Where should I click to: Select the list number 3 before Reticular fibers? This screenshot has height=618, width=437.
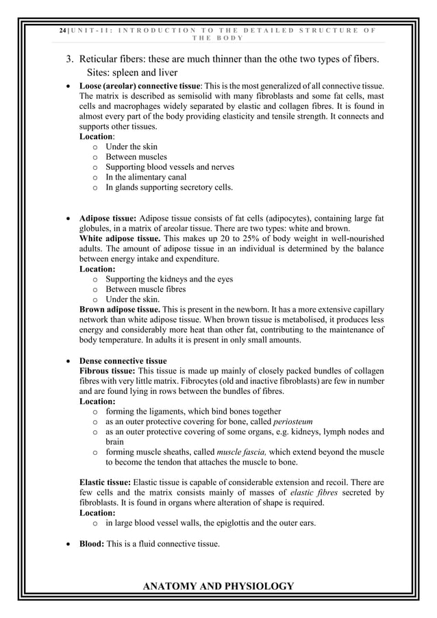point(69,60)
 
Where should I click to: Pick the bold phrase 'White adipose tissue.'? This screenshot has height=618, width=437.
point(121,238)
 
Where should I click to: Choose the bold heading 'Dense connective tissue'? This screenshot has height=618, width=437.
point(123,361)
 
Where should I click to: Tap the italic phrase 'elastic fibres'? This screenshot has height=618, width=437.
point(314,493)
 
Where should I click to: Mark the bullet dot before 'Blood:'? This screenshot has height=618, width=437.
point(67,545)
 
